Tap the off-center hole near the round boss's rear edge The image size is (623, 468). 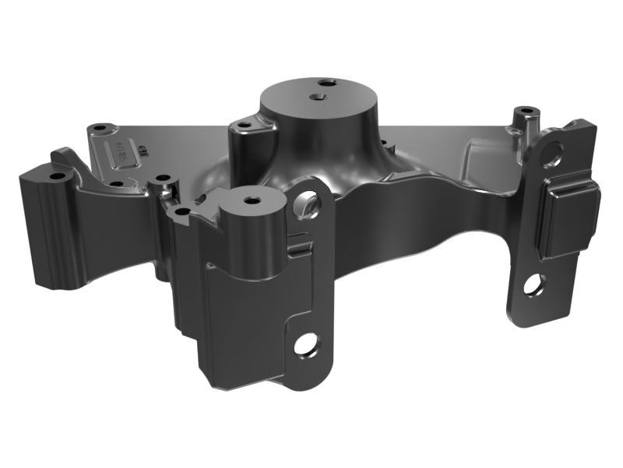click(324, 81)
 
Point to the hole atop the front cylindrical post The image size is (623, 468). click(251, 200)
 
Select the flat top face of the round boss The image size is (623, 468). click(296, 97)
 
